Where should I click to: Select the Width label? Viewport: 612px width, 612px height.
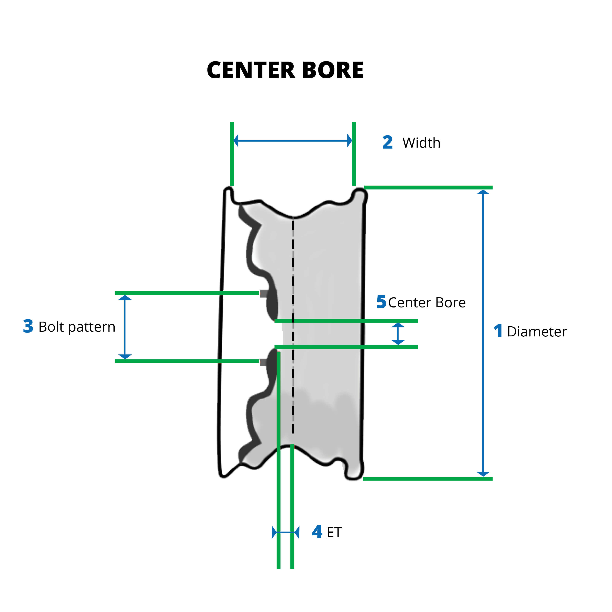(421, 143)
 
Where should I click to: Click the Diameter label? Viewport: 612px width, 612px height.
(537, 332)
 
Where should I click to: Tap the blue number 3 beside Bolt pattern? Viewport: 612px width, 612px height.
(28, 326)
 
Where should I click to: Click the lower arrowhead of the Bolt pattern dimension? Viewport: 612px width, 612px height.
(125, 356)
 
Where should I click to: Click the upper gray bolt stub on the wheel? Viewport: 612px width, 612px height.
(263, 294)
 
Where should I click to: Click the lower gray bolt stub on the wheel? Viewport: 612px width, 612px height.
(263, 362)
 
